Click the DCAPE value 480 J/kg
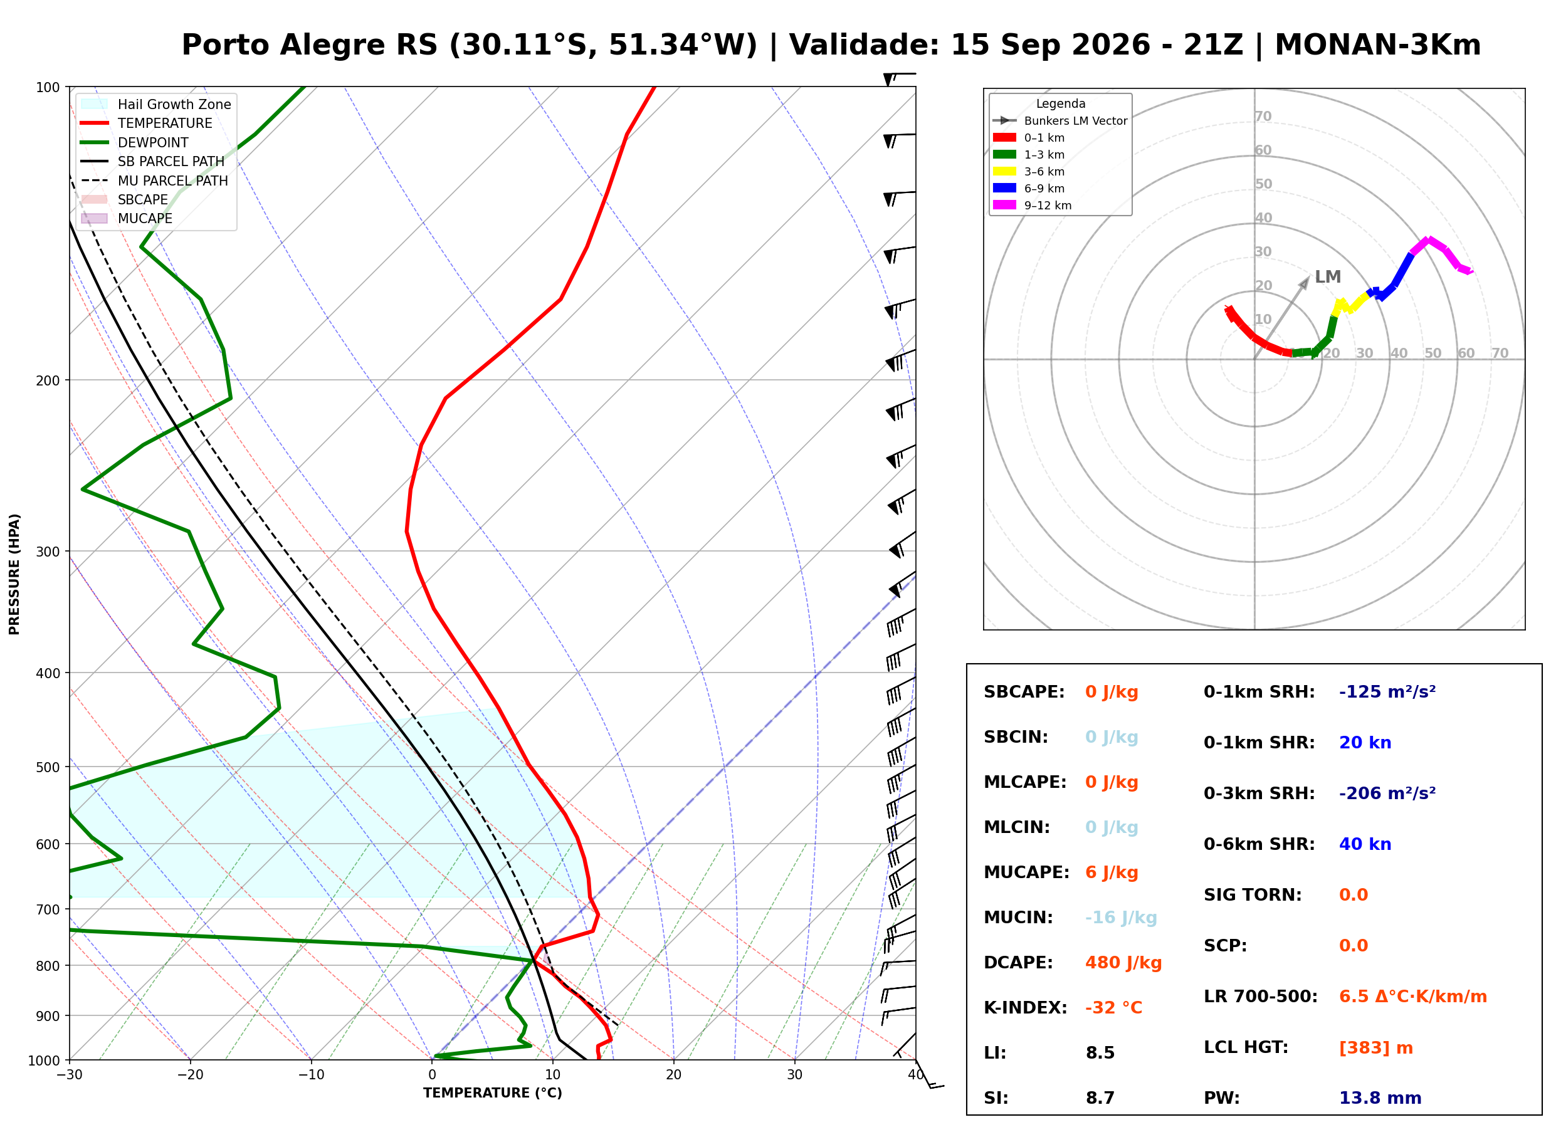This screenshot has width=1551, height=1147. pos(1123,963)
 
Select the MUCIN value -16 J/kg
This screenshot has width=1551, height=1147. pos(1120,918)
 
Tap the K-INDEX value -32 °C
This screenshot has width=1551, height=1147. pos(1113,1008)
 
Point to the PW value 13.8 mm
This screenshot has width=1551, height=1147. pos(1380,1098)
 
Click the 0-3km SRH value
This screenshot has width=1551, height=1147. pos(1387,793)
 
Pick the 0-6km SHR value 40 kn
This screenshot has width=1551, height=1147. pos(1365,844)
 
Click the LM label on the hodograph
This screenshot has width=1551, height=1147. pos(1327,277)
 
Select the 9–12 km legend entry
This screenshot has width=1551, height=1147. pos(1033,206)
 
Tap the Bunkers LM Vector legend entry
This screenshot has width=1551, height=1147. pos(1060,121)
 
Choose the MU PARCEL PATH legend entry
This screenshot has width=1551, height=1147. pos(155,181)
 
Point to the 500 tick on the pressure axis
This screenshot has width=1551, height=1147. pos(48,767)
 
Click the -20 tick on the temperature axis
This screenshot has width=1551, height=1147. pos(190,1076)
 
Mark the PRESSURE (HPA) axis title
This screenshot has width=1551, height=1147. pos(14,574)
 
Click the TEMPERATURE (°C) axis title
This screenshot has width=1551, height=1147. pos(492,1094)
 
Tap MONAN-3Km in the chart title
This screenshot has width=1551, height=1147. pos(1377,45)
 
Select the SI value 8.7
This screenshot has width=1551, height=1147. pos(1100,1098)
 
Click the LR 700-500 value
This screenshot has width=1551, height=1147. pos(1413,997)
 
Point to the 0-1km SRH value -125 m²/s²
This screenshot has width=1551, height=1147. pos(1387,692)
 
